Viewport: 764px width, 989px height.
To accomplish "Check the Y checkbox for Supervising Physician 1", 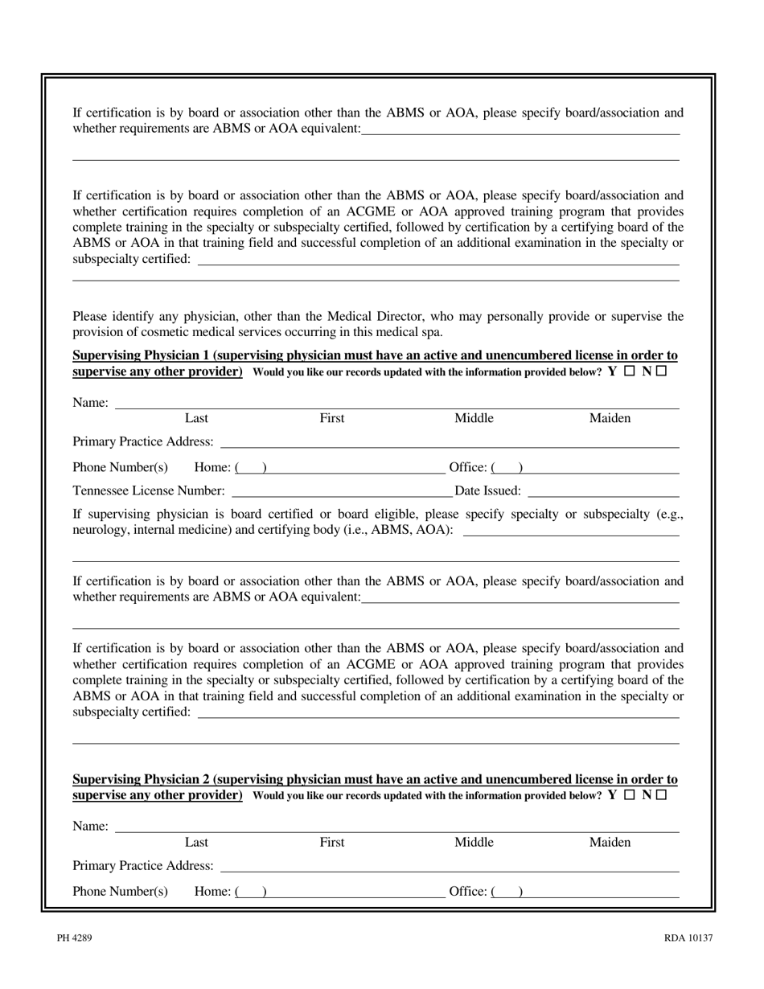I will point(629,371).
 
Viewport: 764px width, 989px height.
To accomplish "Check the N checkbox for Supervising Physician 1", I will point(661,371).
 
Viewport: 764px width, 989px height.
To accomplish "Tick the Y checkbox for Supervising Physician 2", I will point(629,795).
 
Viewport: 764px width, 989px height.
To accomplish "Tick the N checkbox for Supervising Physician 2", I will point(661,795).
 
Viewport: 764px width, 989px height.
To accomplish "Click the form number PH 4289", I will point(68,938).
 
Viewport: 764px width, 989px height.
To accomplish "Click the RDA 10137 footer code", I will point(688,938).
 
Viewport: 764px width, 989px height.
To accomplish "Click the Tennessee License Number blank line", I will point(342,490).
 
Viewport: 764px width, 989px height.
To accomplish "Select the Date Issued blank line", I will point(603,490).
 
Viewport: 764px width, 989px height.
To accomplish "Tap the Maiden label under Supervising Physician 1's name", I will point(610,418).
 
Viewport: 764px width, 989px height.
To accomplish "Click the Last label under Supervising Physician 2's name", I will point(196,843).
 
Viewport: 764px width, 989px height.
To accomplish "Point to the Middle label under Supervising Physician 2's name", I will point(474,843).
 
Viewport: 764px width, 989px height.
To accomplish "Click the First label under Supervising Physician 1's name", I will point(332,418).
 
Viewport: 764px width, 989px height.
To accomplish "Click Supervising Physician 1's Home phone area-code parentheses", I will point(251,468).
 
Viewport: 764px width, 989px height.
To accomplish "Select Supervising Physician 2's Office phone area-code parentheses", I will point(507,892).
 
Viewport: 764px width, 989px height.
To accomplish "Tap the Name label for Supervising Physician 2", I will point(90,827).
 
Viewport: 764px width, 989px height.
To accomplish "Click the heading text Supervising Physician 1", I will point(142,355).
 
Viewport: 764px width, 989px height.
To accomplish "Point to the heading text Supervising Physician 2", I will point(142,779).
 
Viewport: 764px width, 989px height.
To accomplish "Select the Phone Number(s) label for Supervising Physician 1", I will point(121,468).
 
